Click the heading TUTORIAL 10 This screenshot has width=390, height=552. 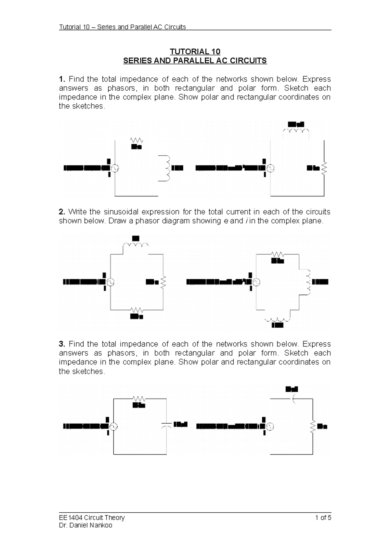click(x=195, y=52)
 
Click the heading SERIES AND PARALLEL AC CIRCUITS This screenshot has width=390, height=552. click(x=195, y=61)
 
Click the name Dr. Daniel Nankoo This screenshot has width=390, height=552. click(x=85, y=525)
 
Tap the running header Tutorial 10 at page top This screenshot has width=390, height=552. click(x=122, y=27)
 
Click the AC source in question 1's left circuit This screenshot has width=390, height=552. click(x=115, y=168)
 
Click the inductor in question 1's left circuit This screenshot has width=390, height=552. click(x=168, y=168)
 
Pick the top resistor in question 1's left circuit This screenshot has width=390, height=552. click(x=136, y=140)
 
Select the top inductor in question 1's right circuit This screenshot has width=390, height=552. click(x=296, y=131)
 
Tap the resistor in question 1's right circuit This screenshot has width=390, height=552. click(x=324, y=168)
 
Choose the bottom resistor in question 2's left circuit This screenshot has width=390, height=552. click(x=136, y=310)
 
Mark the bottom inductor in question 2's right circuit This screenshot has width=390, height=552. click(x=277, y=319)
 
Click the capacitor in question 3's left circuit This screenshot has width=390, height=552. click(x=166, y=425)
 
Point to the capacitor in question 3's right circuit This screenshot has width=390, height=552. click(x=294, y=399)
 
